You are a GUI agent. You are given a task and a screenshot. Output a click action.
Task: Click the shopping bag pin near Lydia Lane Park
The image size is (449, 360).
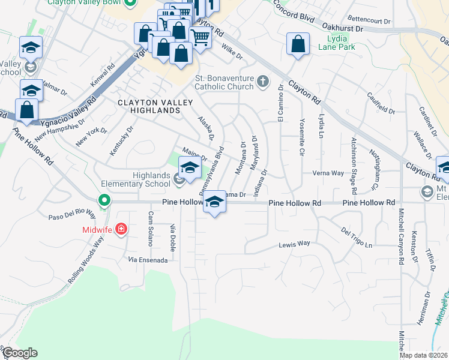298,44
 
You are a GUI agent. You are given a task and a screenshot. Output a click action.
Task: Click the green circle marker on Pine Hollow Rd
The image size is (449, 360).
104,200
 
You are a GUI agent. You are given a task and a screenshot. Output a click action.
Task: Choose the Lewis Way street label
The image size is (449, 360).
294,244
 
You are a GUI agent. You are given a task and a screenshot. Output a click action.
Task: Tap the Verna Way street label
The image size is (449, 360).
328,173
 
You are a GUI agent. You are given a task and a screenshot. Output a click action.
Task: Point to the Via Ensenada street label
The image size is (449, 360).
147,259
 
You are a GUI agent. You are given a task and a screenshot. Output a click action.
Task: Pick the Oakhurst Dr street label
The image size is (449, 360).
343,28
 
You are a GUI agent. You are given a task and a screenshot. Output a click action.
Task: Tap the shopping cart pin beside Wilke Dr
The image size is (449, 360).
200,37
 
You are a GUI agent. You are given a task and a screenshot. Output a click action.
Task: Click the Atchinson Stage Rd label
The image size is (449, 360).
354,165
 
